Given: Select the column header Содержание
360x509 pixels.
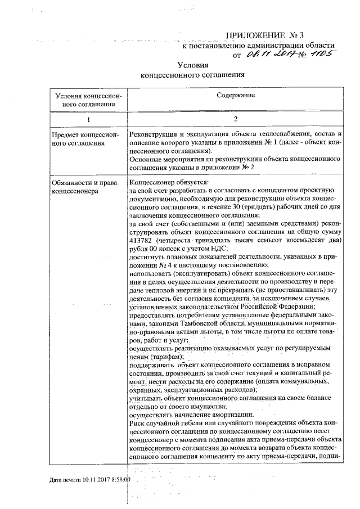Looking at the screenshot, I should tap(236, 96).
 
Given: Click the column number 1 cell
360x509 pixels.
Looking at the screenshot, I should tap(87, 119).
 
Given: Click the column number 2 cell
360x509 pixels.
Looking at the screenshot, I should tap(236, 119).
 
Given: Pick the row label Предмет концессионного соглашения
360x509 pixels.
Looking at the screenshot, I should tap(84, 139).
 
